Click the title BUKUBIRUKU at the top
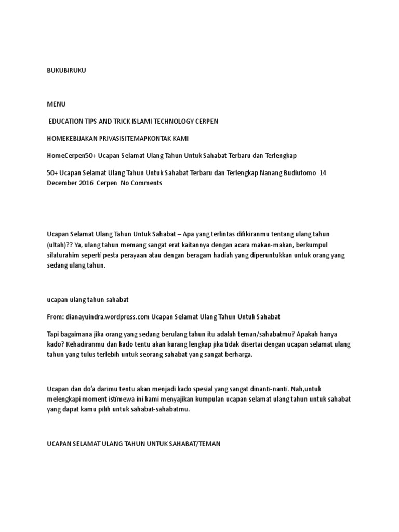click(x=66, y=71)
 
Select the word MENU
click(x=57, y=104)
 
